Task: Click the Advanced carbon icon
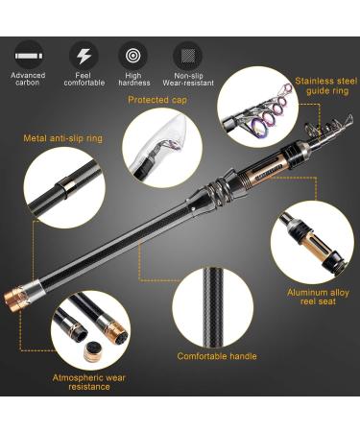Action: coord(29,52)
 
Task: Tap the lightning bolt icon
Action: coord(83,53)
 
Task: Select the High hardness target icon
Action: coord(133,54)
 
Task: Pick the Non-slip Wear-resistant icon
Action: coord(187,54)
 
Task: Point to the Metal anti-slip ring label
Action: coord(64,137)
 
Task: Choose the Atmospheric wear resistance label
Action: coord(89,383)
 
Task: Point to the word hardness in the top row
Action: coord(133,84)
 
